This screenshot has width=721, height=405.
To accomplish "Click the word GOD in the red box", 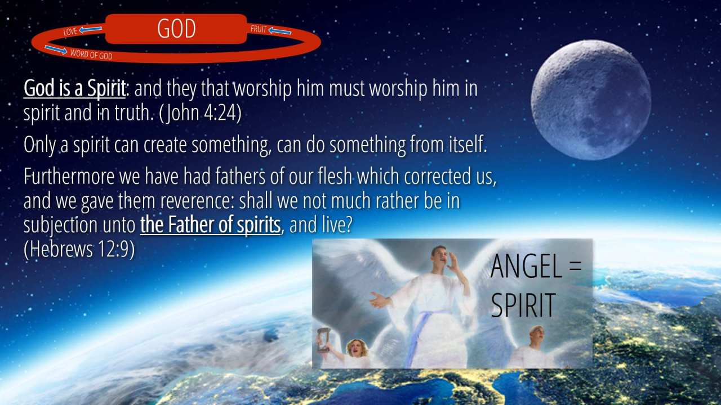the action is (176, 29).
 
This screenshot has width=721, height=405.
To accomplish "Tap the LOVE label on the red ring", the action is (70, 31).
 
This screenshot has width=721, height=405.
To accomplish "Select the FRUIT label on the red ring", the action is (259, 29).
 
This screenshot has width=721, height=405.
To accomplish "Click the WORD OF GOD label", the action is (91, 55).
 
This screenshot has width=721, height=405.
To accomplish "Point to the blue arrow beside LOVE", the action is (91, 30).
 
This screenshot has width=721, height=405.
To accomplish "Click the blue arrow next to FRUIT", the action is (280, 31).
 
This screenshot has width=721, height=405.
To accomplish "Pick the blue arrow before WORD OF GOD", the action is (56, 49).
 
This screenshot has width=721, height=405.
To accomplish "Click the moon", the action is (591, 100).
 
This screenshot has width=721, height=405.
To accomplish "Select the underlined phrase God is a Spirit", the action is (74, 88).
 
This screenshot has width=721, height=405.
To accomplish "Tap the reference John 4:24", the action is (200, 113).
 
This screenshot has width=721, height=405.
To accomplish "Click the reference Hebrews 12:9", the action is (79, 249).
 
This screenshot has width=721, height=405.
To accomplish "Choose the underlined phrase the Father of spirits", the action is (211, 224).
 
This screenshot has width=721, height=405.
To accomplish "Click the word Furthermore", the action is (69, 176).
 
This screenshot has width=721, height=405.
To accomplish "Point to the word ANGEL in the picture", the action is (527, 266).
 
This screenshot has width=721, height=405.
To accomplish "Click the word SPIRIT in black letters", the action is (524, 305).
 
